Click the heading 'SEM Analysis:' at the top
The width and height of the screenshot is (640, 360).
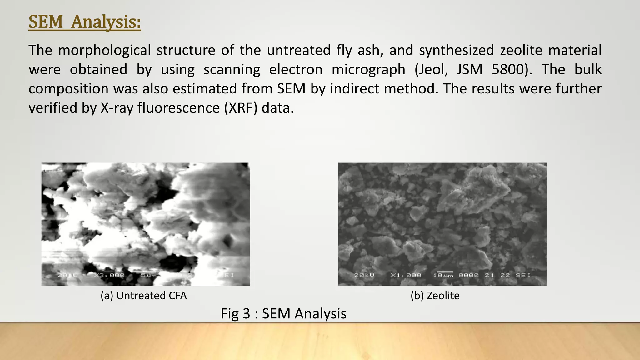pyautogui.click(x=85, y=22)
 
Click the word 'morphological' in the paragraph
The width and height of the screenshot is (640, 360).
pyautogui.click(x=104, y=50)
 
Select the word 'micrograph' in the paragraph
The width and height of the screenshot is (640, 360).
pyautogui.click(x=368, y=69)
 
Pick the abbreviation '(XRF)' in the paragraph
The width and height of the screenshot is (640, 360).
pyautogui.click(x=241, y=108)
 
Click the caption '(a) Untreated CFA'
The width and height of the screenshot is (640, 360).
pyautogui.click(x=143, y=296)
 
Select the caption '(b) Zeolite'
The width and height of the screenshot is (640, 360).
pyautogui.click(x=435, y=296)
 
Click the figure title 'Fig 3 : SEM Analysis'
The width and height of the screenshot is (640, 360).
pyautogui.click(x=283, y=313)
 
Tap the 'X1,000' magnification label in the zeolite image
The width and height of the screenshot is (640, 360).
pyautogui.click(x=406, y=275)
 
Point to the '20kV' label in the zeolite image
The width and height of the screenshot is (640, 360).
pyautogui.click(x=364, y=275)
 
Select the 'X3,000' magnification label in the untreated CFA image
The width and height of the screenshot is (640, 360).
pyautogui.click(x=112, y=275)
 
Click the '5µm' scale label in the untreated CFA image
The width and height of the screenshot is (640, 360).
pyautogui.click(x=148, y=275)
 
